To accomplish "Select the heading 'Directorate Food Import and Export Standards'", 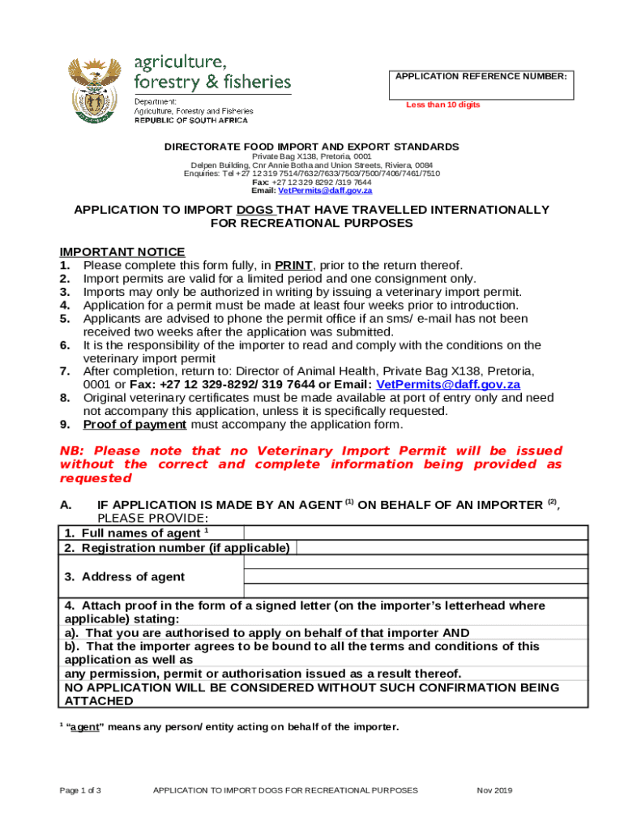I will click(x=312, y=147).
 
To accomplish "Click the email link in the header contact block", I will click(x=325, y=190).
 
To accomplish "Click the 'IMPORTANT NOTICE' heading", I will click(x=122, y=252).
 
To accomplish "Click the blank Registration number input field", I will click(x=442, y=548).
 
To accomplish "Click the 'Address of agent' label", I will click(x=125, y=577).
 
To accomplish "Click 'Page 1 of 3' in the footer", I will click(x=79, y=790).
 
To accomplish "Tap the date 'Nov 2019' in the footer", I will click(x=494, y=790).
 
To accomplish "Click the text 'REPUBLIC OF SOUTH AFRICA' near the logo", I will click(x=191, y=121).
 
